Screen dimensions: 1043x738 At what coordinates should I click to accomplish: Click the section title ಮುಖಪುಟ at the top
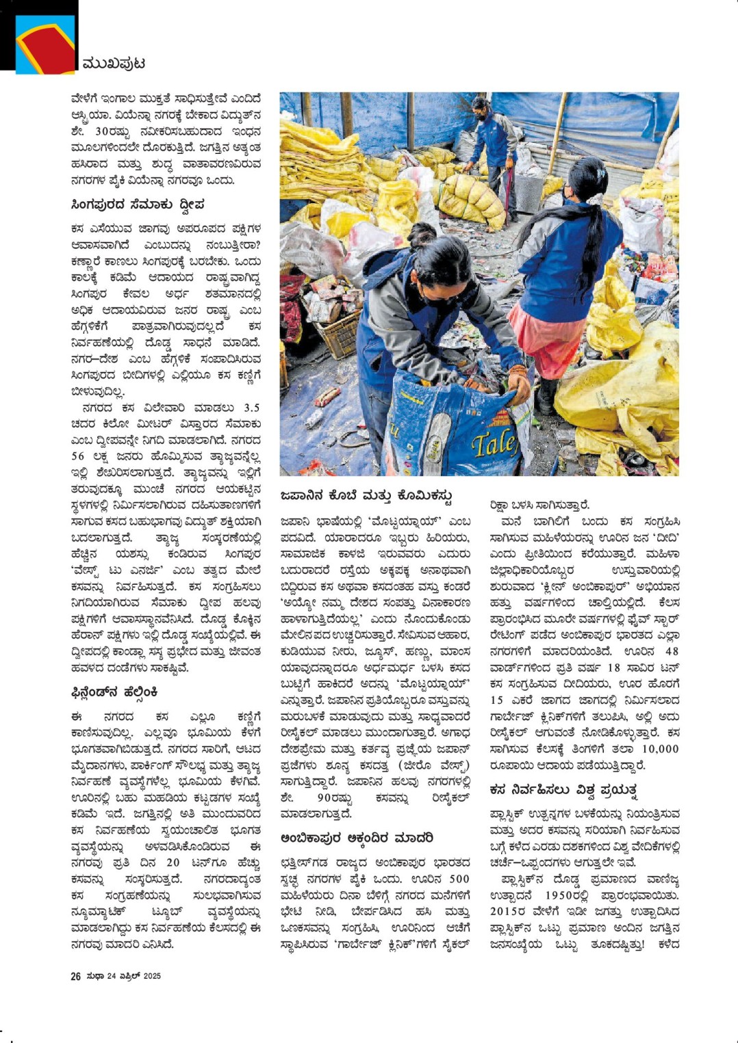113,64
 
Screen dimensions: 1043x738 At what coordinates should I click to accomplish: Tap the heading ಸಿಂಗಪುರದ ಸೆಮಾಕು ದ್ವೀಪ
138,204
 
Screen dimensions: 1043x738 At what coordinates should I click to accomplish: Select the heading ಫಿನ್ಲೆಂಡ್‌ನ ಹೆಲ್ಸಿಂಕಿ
114,692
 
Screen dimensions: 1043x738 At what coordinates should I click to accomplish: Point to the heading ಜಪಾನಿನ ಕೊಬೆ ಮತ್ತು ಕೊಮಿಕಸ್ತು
366,495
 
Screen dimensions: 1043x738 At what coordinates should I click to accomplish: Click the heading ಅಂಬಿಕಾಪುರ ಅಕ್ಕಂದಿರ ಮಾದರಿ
357,838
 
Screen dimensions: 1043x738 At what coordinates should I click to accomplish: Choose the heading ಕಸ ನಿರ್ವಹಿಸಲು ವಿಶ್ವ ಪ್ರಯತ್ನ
563,790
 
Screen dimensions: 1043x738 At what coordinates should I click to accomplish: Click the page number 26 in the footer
75,976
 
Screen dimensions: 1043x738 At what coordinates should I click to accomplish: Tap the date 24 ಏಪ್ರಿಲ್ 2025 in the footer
133,976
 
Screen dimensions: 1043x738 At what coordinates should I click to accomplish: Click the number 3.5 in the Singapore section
251,408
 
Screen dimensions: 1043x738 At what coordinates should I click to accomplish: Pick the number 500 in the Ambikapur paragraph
459,879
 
